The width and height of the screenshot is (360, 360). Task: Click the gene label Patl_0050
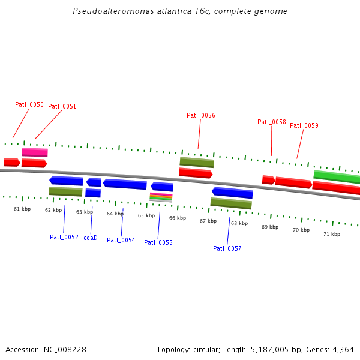pyautogui.click(x=29, y=104)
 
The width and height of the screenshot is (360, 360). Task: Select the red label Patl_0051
pyautogui.click(x=62, y=106)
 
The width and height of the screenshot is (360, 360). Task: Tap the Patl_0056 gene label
pyautogui.click(x=201, y=115)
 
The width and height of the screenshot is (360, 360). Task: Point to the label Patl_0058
pyautogui.click(x=272, y=122)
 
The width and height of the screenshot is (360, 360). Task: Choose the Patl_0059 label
pyautogui.click(x=304, y=125)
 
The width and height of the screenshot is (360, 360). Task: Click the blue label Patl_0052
pyautogui.click(x=64, y=237)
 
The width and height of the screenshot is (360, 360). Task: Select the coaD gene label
pyautogui.click(x=91, y=238)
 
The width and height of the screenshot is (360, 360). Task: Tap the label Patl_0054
pyautogui.click(x=121, y=240)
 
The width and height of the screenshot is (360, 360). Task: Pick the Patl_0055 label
pyautogui.click(x=158, y=242)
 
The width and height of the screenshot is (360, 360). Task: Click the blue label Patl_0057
pyautogui.click(x=227, y=248)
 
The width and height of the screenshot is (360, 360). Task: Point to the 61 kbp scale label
pyautogui.click(x=22, y=209)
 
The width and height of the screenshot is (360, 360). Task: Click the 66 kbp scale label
pyautogui.click(x=178, y=218)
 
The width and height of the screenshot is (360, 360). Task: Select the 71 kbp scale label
pyautogui.click(x=332, y=234)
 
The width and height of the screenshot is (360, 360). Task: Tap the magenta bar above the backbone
pyautogui.click(x=35, y=152)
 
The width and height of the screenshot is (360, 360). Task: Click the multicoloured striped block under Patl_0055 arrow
pyautogui.click(x=161, y=197)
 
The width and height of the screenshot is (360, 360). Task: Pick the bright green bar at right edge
pyautogui.click(x=337, y=176)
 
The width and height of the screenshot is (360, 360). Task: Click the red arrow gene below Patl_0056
pyautogui.click(x=196, y=173)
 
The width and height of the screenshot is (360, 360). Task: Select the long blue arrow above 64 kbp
pyautogui.click(x=125, y=184)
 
